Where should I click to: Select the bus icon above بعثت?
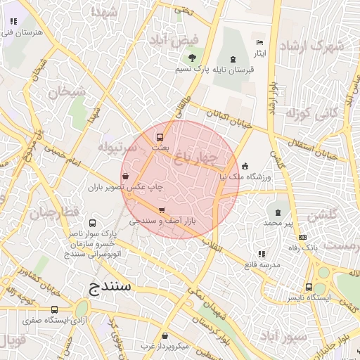tap(160, 136)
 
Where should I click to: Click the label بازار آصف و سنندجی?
tap(162, 221)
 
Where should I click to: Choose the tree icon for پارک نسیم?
tap(192, 58)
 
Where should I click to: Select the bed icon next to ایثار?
tap(259, 44)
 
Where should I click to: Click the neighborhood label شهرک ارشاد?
tap(311, 46)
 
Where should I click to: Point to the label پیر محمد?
tap(277, 222)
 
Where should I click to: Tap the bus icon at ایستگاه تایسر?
tap(309, 287)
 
